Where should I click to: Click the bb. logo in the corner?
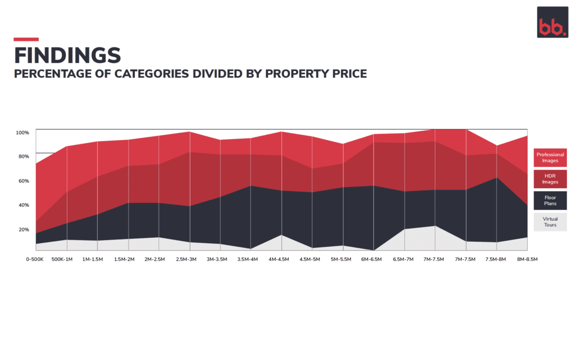(x=552, y=22)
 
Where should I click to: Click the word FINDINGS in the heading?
(x=67, y=55)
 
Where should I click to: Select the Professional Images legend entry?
(x=550, y=157)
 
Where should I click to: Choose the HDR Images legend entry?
(x=550, y=179)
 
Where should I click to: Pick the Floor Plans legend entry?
(x=550, y=201)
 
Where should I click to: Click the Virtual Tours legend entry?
(x=550, y=222)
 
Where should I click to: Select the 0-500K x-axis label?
(x=35, y=259)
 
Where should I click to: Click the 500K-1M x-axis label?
(x=62, y=259)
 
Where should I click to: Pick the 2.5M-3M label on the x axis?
(x=186, y=259)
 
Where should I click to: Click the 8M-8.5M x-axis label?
(x=527, y=259)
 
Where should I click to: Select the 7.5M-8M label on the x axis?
(x=496, y=259)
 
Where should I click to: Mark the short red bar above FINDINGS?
(x=26, y=39)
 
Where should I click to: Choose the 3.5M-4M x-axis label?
(x=247, y=259)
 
